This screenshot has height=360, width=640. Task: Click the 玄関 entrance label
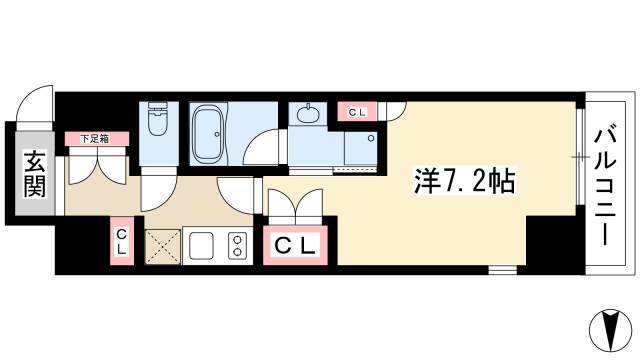tap(35, 173)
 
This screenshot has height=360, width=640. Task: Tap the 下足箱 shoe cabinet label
tap(94, 139)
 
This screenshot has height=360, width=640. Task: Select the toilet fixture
tap(158, 118)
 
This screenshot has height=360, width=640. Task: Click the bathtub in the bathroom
tap(208, 133)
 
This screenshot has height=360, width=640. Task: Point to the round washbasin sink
tap(307, 114)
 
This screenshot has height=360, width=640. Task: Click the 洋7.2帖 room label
tap(464, 180)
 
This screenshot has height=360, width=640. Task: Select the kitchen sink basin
tap(201, 245)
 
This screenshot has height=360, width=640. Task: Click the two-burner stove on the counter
tap(237, 245)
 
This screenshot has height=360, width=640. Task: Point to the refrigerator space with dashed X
tap(163, 246)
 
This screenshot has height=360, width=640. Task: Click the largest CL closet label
tap(296, 246)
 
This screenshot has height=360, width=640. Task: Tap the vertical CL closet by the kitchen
tap(122, 241)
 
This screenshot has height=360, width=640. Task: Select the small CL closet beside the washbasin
tap(357, 112)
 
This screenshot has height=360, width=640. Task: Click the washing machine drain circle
tap(371, 138)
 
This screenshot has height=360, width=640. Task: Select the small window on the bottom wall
tap(503, 269)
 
